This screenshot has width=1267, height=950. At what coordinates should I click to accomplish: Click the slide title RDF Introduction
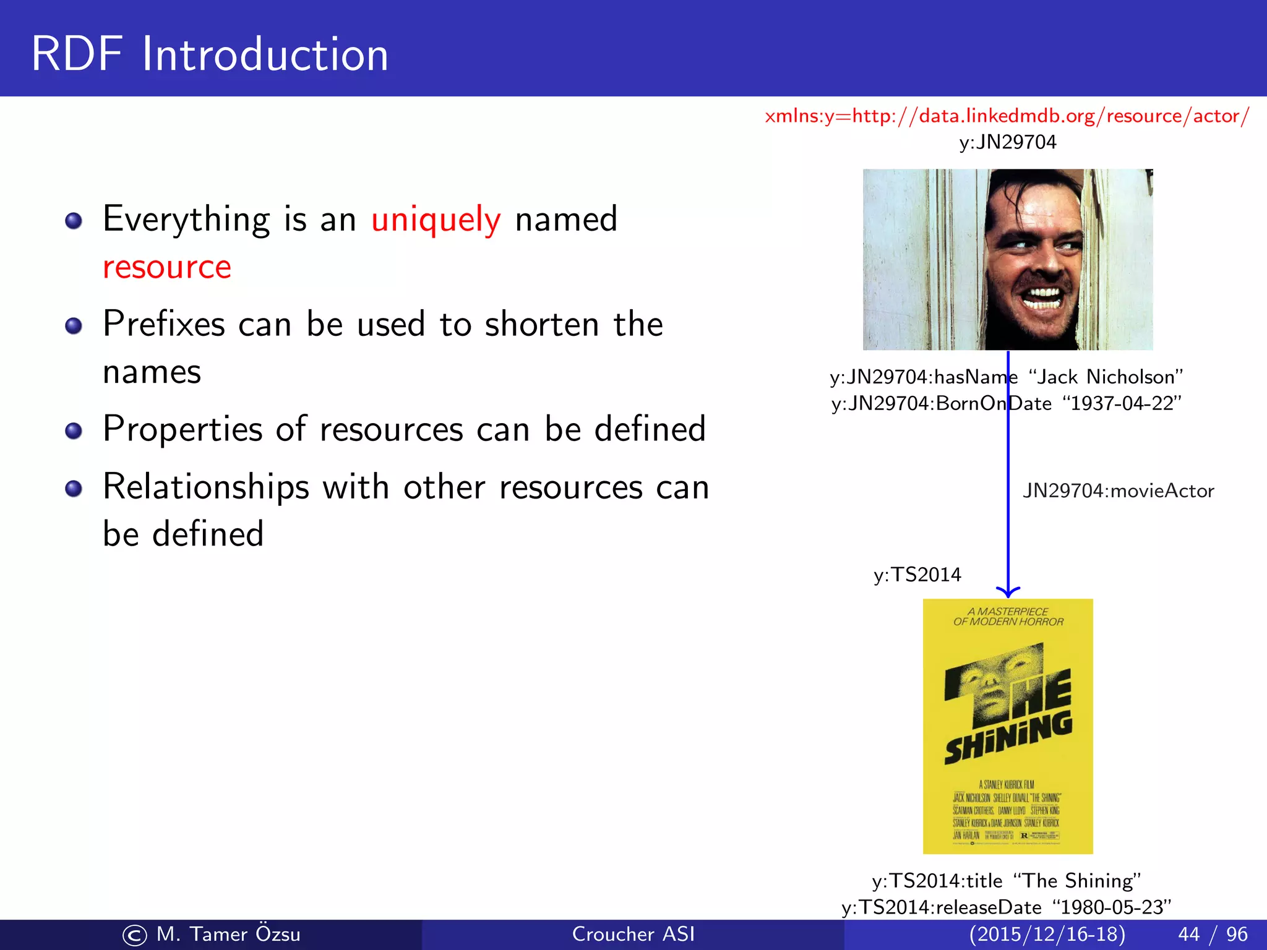[210, 54]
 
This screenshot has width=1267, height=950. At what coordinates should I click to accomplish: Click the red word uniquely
[436, 219]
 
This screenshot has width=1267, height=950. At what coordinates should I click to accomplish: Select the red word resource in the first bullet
[167, 267]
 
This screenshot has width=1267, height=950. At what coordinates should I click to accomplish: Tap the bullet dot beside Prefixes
[74, 325]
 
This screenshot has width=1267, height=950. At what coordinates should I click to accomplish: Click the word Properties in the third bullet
[183, 429]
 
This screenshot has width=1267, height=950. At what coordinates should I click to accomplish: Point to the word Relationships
[205, 487]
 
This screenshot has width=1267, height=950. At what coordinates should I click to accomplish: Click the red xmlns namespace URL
[1007, 116]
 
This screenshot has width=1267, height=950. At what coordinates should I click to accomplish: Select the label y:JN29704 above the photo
[1007, 142]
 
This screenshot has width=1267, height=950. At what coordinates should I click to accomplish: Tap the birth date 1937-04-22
[1122, 403]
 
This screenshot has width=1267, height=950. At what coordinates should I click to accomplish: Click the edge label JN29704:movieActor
[1118, 490]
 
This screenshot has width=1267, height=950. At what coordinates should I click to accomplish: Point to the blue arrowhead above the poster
[1008, 591]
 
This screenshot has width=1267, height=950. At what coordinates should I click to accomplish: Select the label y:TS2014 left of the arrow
[917, 575]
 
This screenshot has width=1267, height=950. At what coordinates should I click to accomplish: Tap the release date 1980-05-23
[1111, 907]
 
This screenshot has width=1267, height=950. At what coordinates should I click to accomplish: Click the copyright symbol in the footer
[134, 935]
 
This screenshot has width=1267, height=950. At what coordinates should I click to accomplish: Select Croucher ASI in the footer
[633, 934]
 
